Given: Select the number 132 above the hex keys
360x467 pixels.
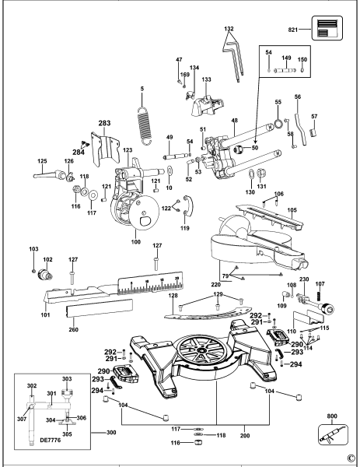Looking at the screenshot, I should pyautogui.click(x=228, y=29).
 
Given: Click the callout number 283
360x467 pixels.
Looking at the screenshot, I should pyautogui.click(x=105, y=123).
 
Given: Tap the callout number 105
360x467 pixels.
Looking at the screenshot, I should pyautogui.click(x=292, y=210).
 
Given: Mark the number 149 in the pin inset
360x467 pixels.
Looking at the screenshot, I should pyautogui.click(x=286, y=56).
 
